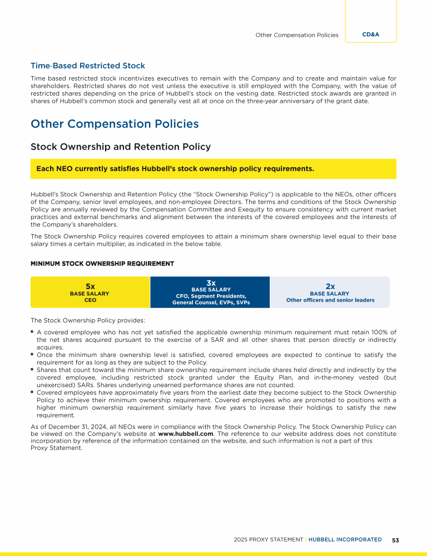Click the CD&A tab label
[x=371, y=34]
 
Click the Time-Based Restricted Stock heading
[x=88, y=66]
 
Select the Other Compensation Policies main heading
[x=115, y=123]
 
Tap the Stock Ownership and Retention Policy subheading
[x=121, y=147]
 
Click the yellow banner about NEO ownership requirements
[x=213, y=168]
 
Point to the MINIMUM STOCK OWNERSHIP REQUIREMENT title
[x=102, y=264]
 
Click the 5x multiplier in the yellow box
[x=90, y=286]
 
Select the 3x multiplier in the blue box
[x=211, y=283]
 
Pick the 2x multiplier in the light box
[x=330, y=286]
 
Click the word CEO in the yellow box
[x=90, y=300]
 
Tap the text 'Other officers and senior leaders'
[x=330, y=300]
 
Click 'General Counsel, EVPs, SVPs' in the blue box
[x=211, y=303]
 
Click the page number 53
[x=396, y=540]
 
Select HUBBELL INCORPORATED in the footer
[x=345, y=540]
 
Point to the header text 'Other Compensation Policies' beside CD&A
[x=297, y=35]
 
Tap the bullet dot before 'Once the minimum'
[x=32, y=354]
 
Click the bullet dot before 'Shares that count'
[x=32, y=369]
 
